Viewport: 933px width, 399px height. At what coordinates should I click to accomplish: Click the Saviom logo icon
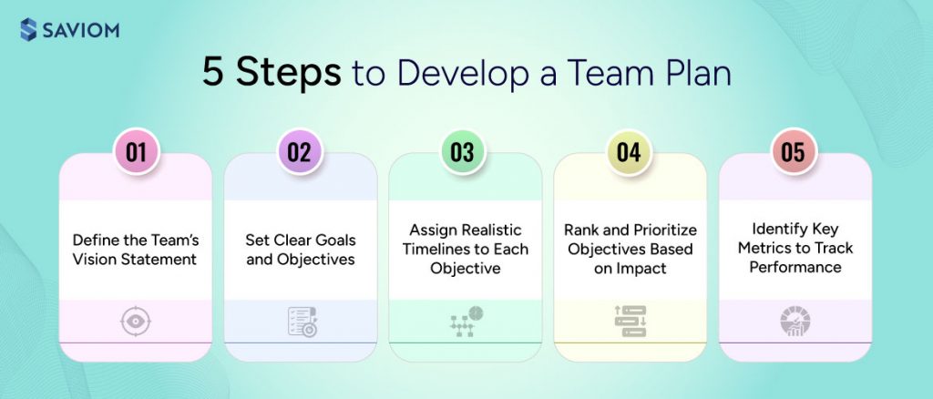click(27, 31)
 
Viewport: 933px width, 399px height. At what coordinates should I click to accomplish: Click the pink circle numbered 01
click(136, 152)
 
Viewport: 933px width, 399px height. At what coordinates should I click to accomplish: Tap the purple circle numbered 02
click(300, 152)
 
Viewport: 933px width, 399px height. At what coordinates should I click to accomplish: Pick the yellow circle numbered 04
click(629, 152)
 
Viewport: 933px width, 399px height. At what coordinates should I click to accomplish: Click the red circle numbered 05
click(793, 152)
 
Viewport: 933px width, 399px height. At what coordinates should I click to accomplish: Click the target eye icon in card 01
click(136, 322)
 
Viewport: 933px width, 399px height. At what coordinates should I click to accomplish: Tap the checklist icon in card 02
click(300, 322)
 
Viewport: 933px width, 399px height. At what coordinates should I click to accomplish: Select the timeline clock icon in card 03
click(465, 322)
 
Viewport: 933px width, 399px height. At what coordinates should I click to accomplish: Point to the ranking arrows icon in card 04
click(630, 322)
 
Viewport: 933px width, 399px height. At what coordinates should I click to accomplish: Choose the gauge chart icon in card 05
click(795, 322)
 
